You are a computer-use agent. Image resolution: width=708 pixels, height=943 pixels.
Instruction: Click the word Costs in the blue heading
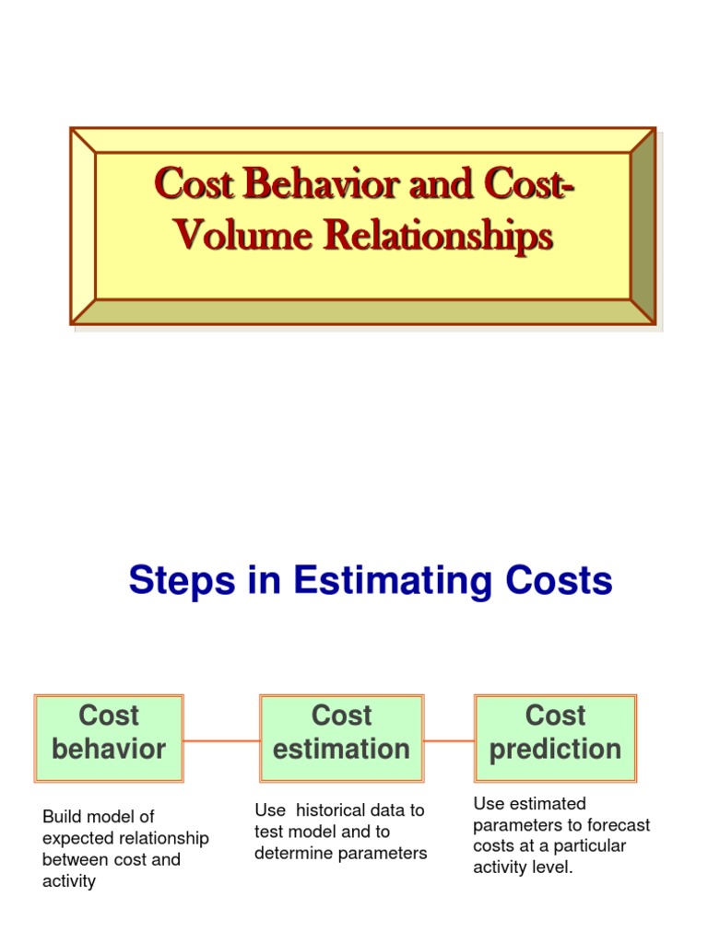click(557, 581)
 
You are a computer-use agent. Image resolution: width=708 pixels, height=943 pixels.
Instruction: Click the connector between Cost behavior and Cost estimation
click(222, 740)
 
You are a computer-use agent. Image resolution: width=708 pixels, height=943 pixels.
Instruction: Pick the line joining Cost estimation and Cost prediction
click(449, 739)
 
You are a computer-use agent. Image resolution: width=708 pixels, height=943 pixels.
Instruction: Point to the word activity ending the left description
click(68, 881)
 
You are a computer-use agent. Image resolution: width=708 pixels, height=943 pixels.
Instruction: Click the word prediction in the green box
click(555, 750)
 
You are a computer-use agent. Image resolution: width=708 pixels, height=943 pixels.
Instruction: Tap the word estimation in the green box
click(341, 750)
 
